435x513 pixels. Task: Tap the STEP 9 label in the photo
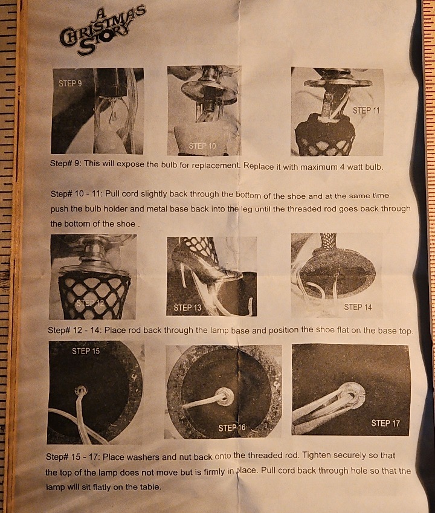(x=70, y=83)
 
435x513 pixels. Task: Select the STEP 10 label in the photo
(x=202, y=146)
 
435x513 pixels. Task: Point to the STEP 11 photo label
(x=366, y=111)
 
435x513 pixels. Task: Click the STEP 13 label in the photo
(x=187, y=308)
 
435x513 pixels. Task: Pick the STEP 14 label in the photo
(x=358, y=307)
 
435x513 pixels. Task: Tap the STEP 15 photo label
(x=86, y=351)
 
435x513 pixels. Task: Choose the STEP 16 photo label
(x=232, y=428)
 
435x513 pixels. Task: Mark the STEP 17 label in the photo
(x=385, y=423)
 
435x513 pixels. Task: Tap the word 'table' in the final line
(x=151, y=487)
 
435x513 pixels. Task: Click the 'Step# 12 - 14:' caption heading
(x=75, y=330)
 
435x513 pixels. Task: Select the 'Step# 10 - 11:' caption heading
(x=77, y=194)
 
